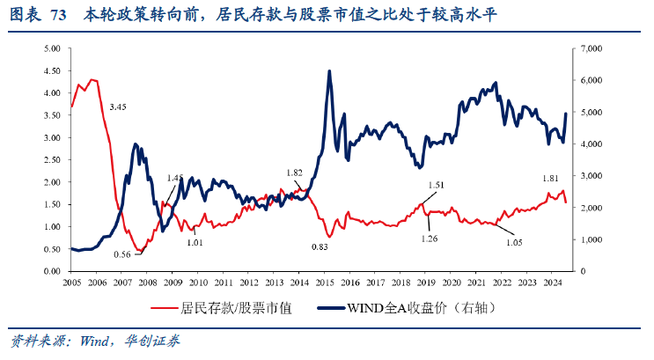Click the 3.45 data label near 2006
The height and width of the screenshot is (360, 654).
(x=118, y=107)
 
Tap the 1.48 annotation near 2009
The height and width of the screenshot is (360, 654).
(x=176, y=178)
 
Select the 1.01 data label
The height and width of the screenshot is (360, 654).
(x=195, y=241)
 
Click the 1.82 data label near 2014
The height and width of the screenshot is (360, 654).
(x=296, y=173)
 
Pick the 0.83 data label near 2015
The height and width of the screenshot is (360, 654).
(x=320, y=247)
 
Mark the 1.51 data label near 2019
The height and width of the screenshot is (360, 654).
(x=436, y=185)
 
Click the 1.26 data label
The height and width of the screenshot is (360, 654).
(x=430, y=239)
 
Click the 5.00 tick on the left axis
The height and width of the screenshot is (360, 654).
(x=51, y=48)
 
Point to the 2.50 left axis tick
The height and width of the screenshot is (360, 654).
(x=51, y=160)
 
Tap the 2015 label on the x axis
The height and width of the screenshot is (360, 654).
(x=325, y=283)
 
